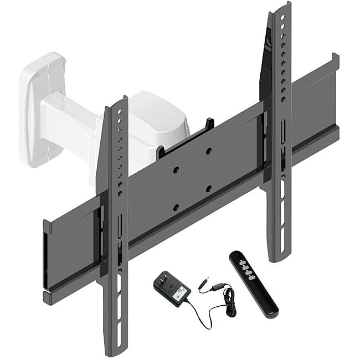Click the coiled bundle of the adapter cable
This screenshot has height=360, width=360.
tap(228, 302)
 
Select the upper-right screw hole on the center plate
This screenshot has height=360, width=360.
tap(208, 151)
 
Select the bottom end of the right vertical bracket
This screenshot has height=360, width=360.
tap(276, 257)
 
